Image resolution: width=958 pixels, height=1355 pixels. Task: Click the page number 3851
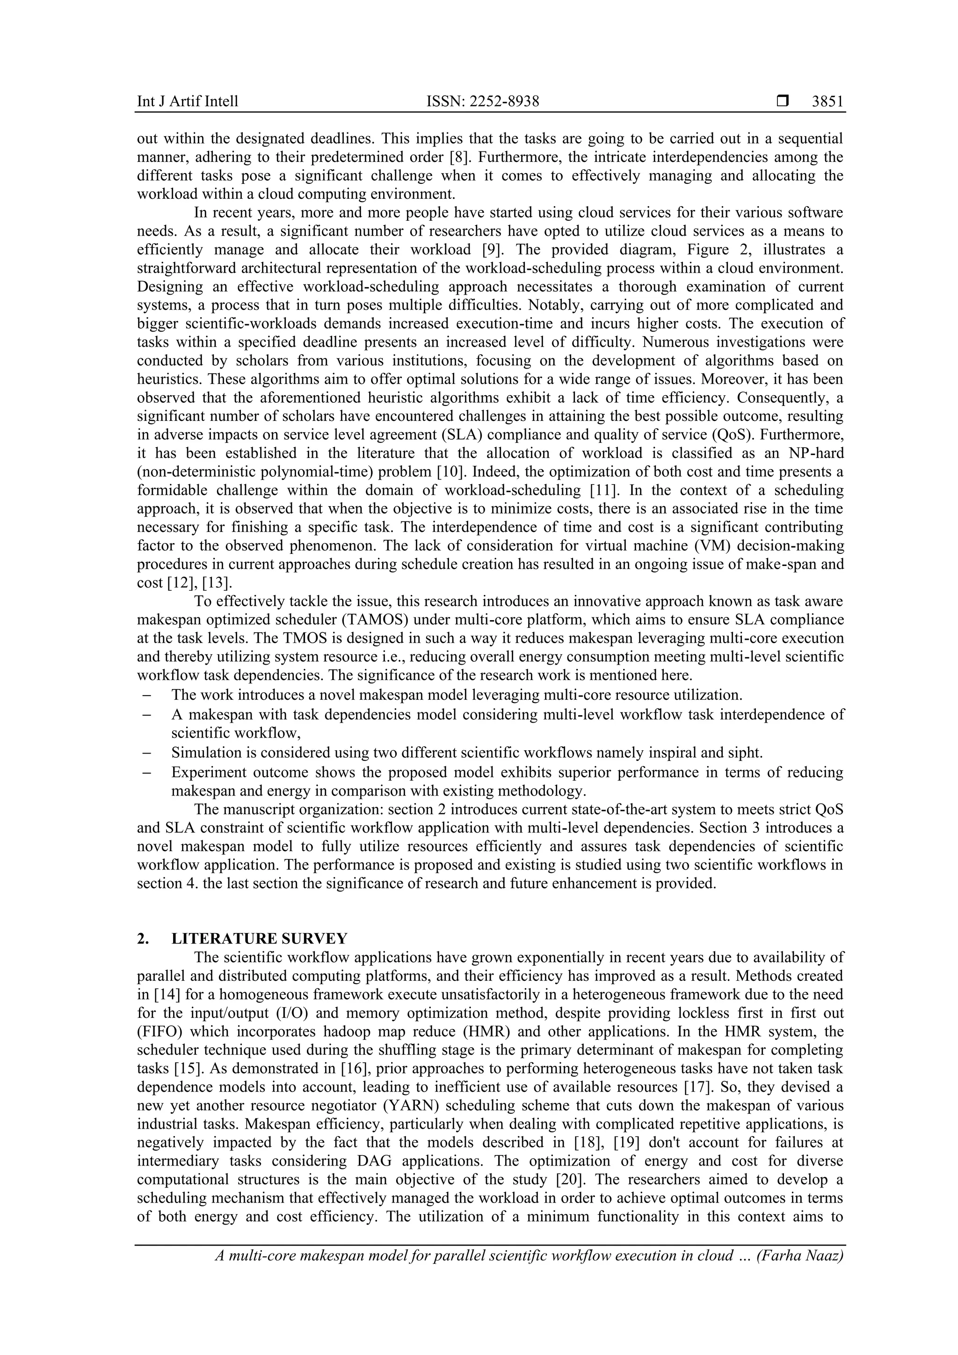pyautogui.click(x=827, y=101)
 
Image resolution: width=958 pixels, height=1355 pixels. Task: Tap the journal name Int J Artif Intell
pyautogui.click(x=187, y=101)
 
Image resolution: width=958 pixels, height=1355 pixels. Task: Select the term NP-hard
pyautogui.click(x=814, y=453)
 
